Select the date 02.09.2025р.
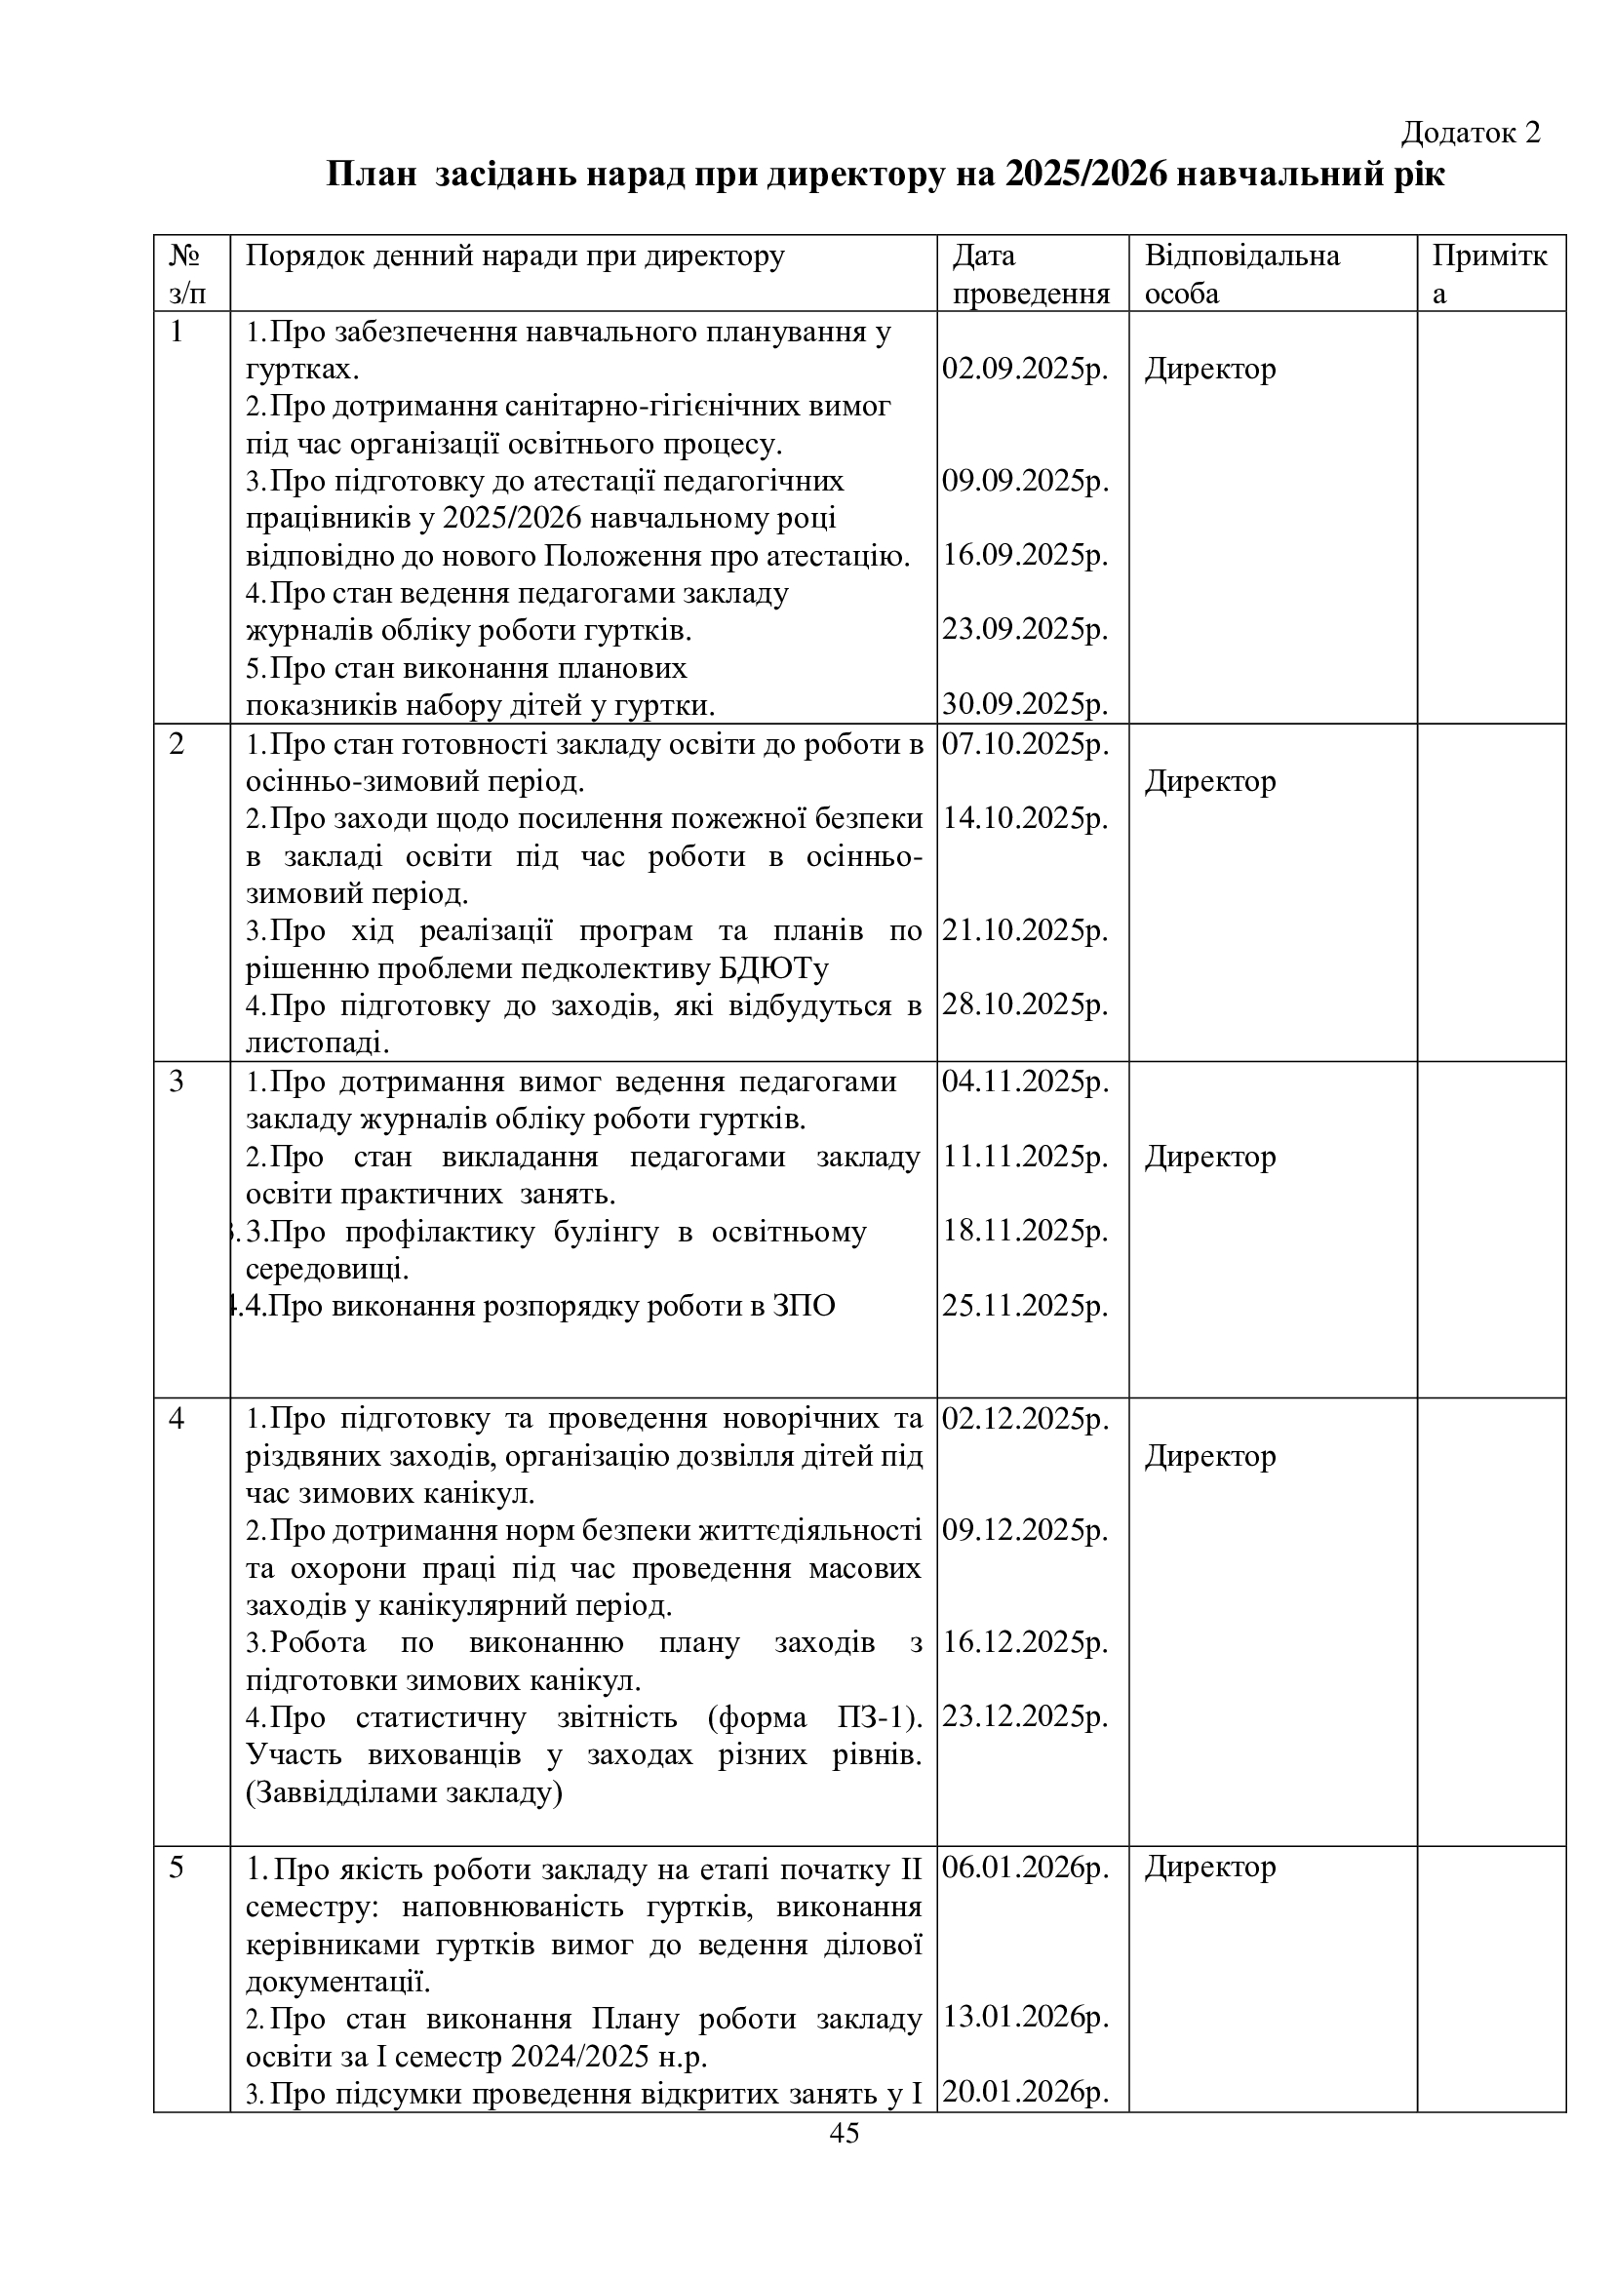click(1025, 369)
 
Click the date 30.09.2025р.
click(1025, 704)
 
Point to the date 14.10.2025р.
click(1025, 817)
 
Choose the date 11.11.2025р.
click(1025, 1157)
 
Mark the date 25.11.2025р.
click(1025, 1306)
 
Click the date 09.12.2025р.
click(1025, 1531)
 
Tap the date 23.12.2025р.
click(1025, 1716)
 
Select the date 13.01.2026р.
click(1025, 2017)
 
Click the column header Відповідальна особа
click(1241, 274)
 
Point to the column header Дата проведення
click(1030, 274)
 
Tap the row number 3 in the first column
click(177, 1081)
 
